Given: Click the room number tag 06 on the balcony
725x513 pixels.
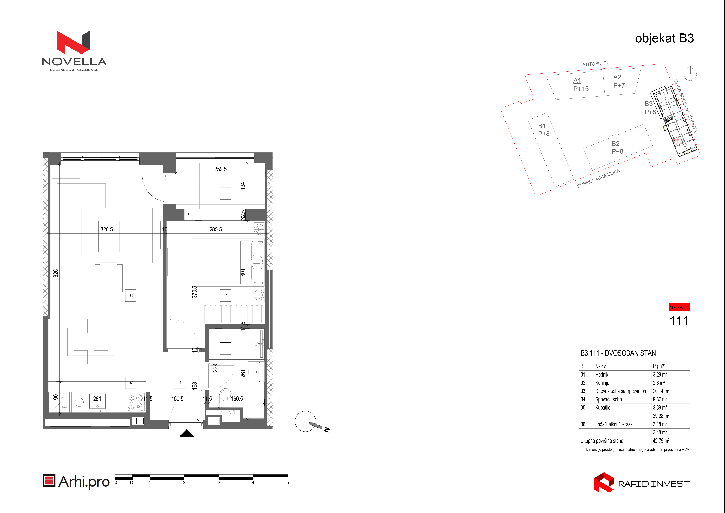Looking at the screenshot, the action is point(225,194).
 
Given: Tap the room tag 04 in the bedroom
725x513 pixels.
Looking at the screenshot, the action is point(225,295).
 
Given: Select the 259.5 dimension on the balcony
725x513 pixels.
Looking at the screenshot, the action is point(220,169).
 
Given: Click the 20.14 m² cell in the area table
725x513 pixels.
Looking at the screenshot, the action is point(661,391).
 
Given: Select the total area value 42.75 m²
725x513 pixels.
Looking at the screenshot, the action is point(661,441).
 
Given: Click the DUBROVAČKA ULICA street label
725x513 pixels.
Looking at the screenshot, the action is point(598,178).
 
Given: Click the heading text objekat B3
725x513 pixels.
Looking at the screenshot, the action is point(664,38).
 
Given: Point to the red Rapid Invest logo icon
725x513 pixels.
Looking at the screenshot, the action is point(604,482).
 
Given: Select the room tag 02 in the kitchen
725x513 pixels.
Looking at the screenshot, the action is point(131,383).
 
